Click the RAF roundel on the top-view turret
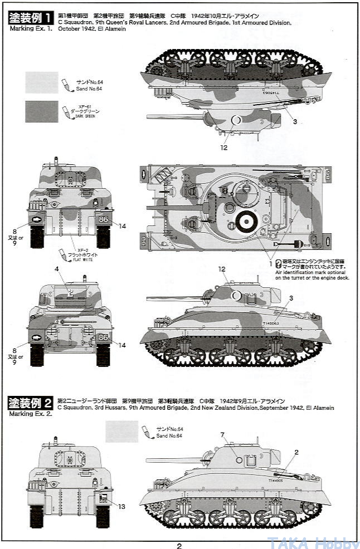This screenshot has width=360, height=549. [x=244, y=222]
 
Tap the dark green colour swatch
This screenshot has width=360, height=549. [x=42, y=111]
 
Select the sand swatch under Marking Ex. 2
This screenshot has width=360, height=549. [x=121, y=432]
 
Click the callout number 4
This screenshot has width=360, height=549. [x=57, y=269]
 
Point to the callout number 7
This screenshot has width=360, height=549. [x=222, y=434]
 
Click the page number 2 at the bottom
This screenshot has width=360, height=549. [x=179, y=546]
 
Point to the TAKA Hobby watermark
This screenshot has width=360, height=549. [x=314, y=542]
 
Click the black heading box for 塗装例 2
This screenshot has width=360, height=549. [x=31, y=401]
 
